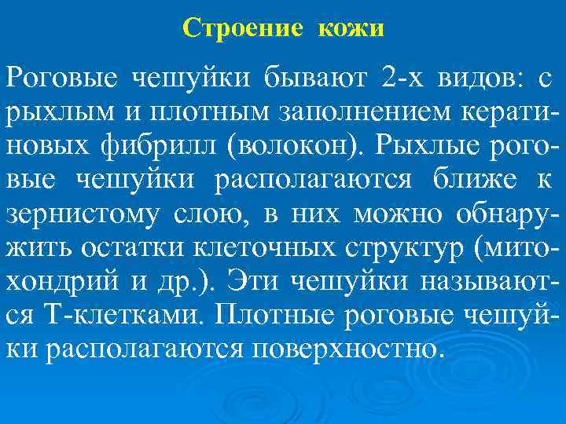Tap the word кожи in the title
tap(351, 28)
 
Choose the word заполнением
tap(352, 113)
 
